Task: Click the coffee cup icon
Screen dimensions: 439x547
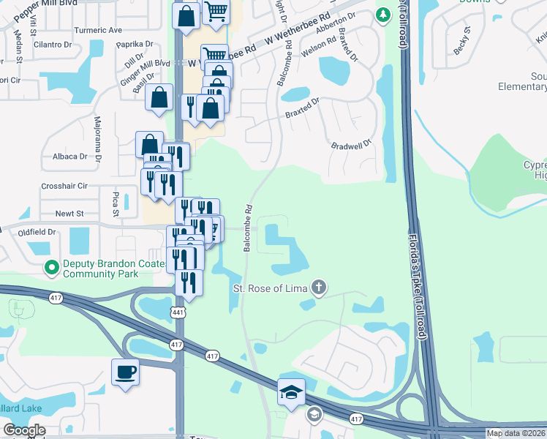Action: pos(124,372)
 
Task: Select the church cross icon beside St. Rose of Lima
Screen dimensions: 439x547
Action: pos(317,288)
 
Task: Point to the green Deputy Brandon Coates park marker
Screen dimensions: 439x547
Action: pos(51,269)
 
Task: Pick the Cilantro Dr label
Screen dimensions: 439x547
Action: pos(51,44)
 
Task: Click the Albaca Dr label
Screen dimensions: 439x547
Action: pos(69,157)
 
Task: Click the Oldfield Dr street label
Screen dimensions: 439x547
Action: pos(37,232)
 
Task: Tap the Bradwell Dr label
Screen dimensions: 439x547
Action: pos(352,145)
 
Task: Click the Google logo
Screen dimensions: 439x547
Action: pos(24,430)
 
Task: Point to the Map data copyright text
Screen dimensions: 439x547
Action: pos(516,433)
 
